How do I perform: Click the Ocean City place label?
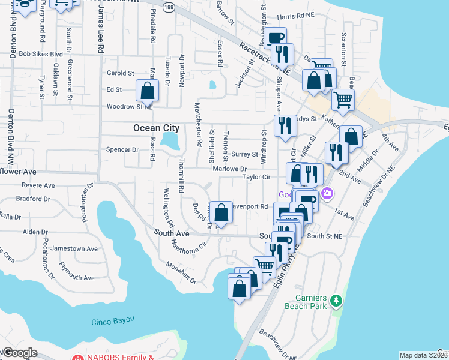click(x=155, y=128)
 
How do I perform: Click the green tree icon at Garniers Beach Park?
click(x=337, y=299)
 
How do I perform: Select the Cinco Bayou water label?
click(x=113, y=322)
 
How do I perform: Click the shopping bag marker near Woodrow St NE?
click(x=148, y=92)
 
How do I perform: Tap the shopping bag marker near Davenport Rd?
click(x=221, y=212)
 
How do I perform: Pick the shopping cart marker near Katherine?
click(x=342, y=100)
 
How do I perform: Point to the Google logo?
click(x=19, y=353)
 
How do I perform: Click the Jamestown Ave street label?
click(x=74, y=248)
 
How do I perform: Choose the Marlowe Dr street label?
click(x=229, y=169)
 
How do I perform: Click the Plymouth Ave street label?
click(x=77, y=277)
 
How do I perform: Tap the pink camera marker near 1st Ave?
click(x=327, y=193)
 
